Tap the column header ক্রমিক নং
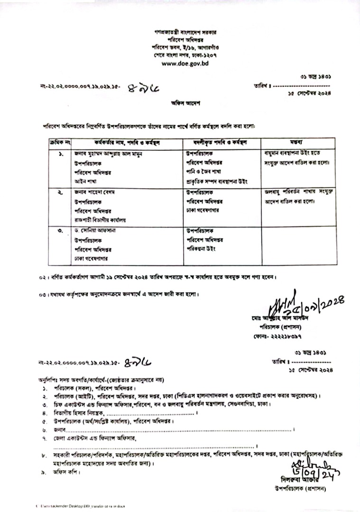(60, 142)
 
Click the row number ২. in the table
(61, 192)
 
